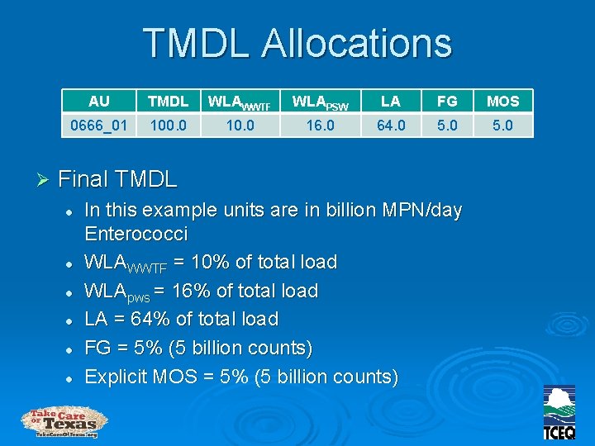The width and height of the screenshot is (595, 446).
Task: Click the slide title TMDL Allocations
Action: click(x=297, y=42)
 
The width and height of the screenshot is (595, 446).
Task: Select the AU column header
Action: click(x=99, y=101)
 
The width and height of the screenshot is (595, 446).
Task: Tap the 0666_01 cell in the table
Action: click(x=99, y=125)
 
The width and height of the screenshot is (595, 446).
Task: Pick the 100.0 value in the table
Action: click(x=168, y=125)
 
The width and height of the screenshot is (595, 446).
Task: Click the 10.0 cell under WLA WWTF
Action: click(x=240, y=125)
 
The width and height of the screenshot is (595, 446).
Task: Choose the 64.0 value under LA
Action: click(x=391, y=125)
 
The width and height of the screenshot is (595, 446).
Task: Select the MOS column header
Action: click(x=502, y=101)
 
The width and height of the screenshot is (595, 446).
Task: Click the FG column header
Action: click(x=447, y=101)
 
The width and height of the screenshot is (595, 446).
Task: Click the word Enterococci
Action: click(x=136, y=234)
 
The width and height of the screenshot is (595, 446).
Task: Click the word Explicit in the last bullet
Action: click(x=117, y=377)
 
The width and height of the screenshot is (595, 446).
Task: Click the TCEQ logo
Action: click(x=559, y=413)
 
